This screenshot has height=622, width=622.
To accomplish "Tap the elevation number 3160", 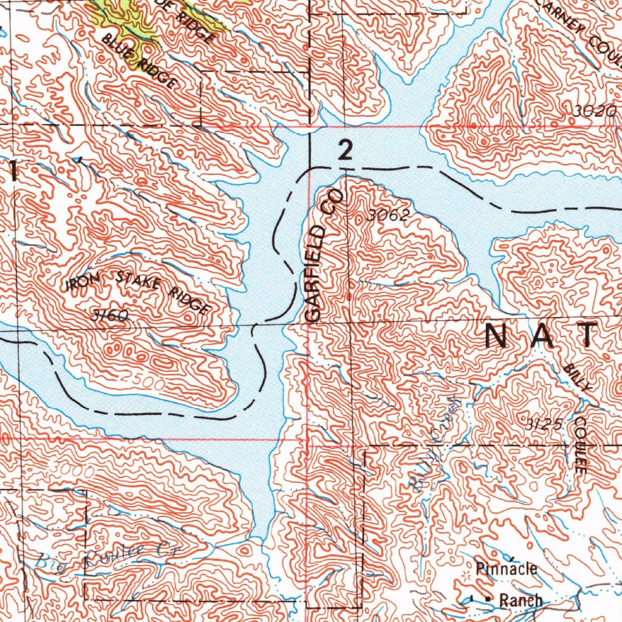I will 111,315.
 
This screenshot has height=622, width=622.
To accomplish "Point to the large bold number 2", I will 345,150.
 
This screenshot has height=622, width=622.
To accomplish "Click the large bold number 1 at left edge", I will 14,171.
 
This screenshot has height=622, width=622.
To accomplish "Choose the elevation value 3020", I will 595,111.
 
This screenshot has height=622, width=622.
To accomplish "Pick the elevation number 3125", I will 544,423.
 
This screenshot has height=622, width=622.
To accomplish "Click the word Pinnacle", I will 507,569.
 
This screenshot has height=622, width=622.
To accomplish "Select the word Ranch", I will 521,600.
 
